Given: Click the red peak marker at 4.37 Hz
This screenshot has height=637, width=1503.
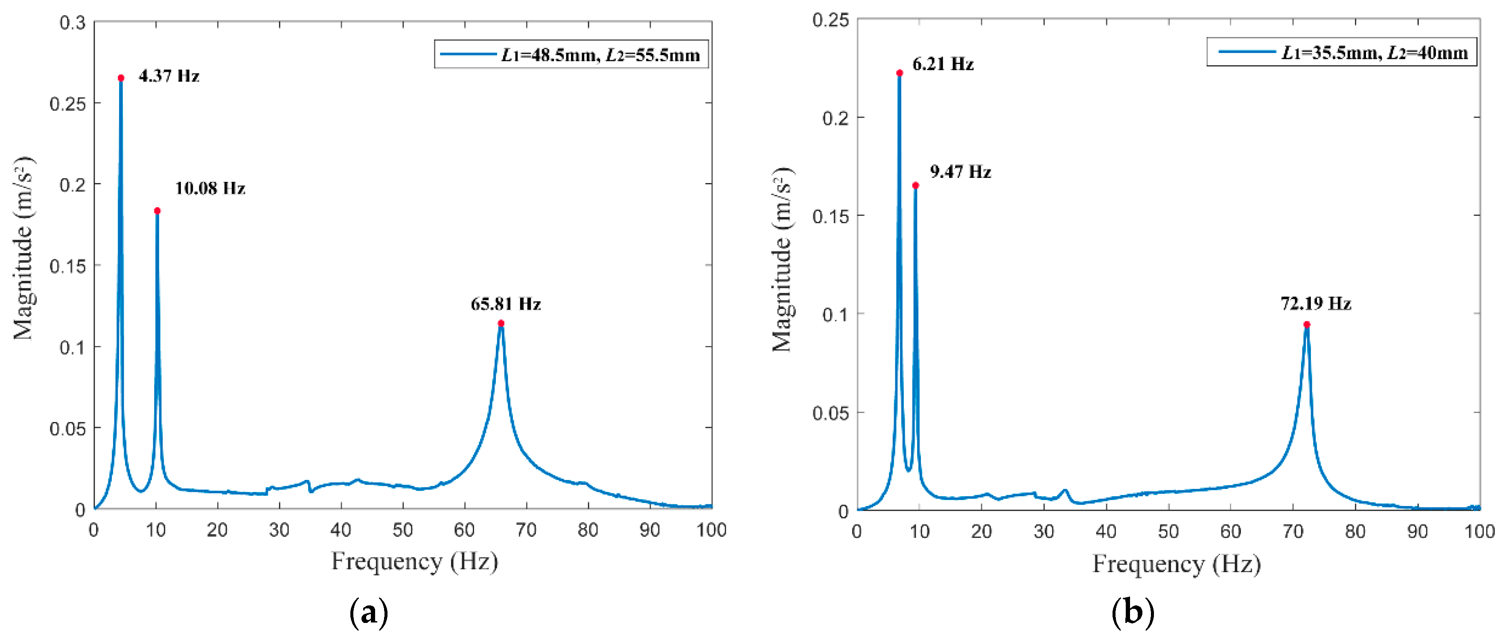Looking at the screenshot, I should [121, 78].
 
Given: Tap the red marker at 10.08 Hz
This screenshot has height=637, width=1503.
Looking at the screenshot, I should [157, 211].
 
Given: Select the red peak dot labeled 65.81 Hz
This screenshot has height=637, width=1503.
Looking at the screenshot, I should [501, 323].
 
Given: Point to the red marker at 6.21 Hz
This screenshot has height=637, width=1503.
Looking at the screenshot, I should [900, 73].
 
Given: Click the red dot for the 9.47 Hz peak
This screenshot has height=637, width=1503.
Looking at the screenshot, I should [915, 186].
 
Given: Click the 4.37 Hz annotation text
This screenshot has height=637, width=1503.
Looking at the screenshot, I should [169, 76].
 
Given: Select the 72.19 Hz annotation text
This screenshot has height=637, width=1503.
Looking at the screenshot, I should [1316, 303].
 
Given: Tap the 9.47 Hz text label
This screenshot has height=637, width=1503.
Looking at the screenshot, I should [960, 172].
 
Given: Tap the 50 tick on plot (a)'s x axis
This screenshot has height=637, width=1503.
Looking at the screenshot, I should [402, 530].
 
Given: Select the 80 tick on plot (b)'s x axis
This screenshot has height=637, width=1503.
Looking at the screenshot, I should [1355, 532].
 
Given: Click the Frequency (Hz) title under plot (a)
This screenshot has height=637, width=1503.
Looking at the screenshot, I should [414, 561].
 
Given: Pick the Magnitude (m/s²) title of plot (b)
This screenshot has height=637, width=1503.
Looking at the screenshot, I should [782, 259].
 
